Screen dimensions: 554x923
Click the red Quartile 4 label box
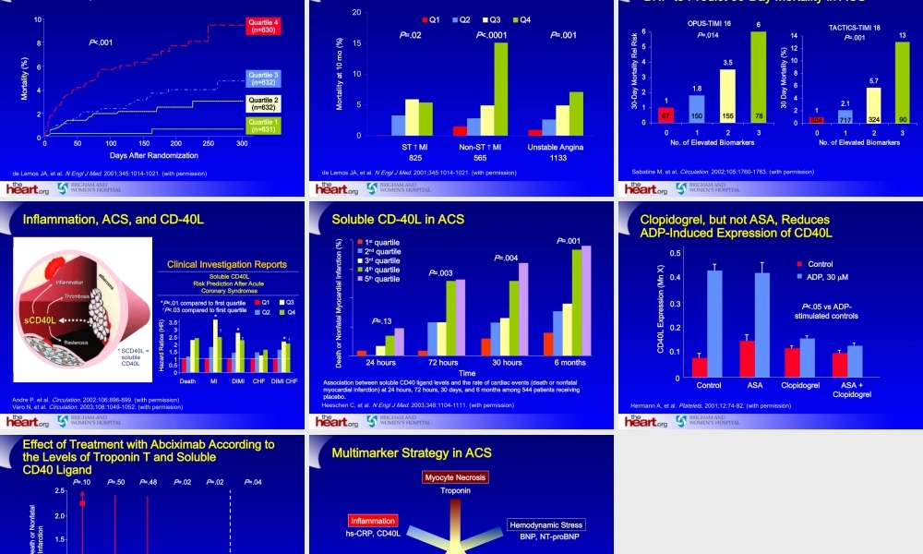263,25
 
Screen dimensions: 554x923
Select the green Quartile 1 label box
263,125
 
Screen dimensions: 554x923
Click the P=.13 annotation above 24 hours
382,320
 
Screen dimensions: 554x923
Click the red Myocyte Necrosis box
455,477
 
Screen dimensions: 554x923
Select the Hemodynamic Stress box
546,524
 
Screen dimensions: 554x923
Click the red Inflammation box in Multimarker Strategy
373,521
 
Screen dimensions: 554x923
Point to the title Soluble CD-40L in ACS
399,220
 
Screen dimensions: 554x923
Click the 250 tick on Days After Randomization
210,145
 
